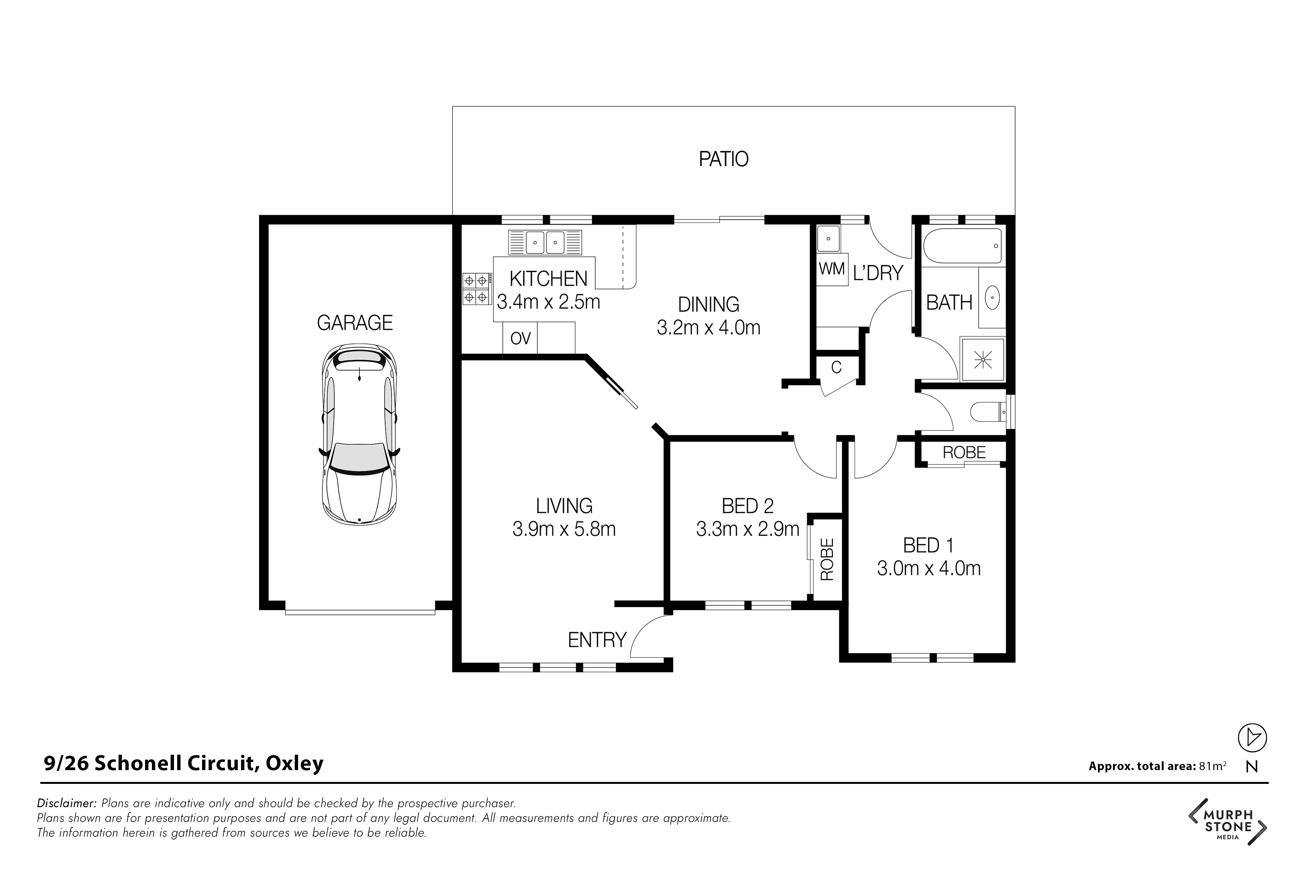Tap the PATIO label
click(x=723, y=159)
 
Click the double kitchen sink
click(x=545, y=243)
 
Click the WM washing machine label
click(x=832, y=269)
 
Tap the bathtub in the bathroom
click(x=962, y=246)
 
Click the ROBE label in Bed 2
click(x=827, y=559)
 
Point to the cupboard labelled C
click(x=836, y=367)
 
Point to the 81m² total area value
click(x=1212, y=766)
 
